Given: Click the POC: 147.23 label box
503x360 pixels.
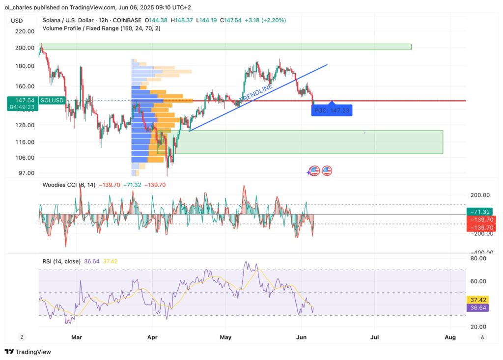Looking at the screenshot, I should pyautogui.click(x=332, y=111).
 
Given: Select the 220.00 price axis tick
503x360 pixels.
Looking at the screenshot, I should pyautogui.click(x=25, y=31).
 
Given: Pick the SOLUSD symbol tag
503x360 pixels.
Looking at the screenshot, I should pyautogui.click(x=52, y=100).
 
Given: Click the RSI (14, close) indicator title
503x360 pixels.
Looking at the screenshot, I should pyautogui.click(x=61, y=261).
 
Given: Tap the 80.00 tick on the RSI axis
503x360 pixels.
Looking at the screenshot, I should pyautogui.click(x=478, y=258).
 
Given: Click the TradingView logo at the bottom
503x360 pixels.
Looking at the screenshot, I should pyautogui.click(x=28, y=352).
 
